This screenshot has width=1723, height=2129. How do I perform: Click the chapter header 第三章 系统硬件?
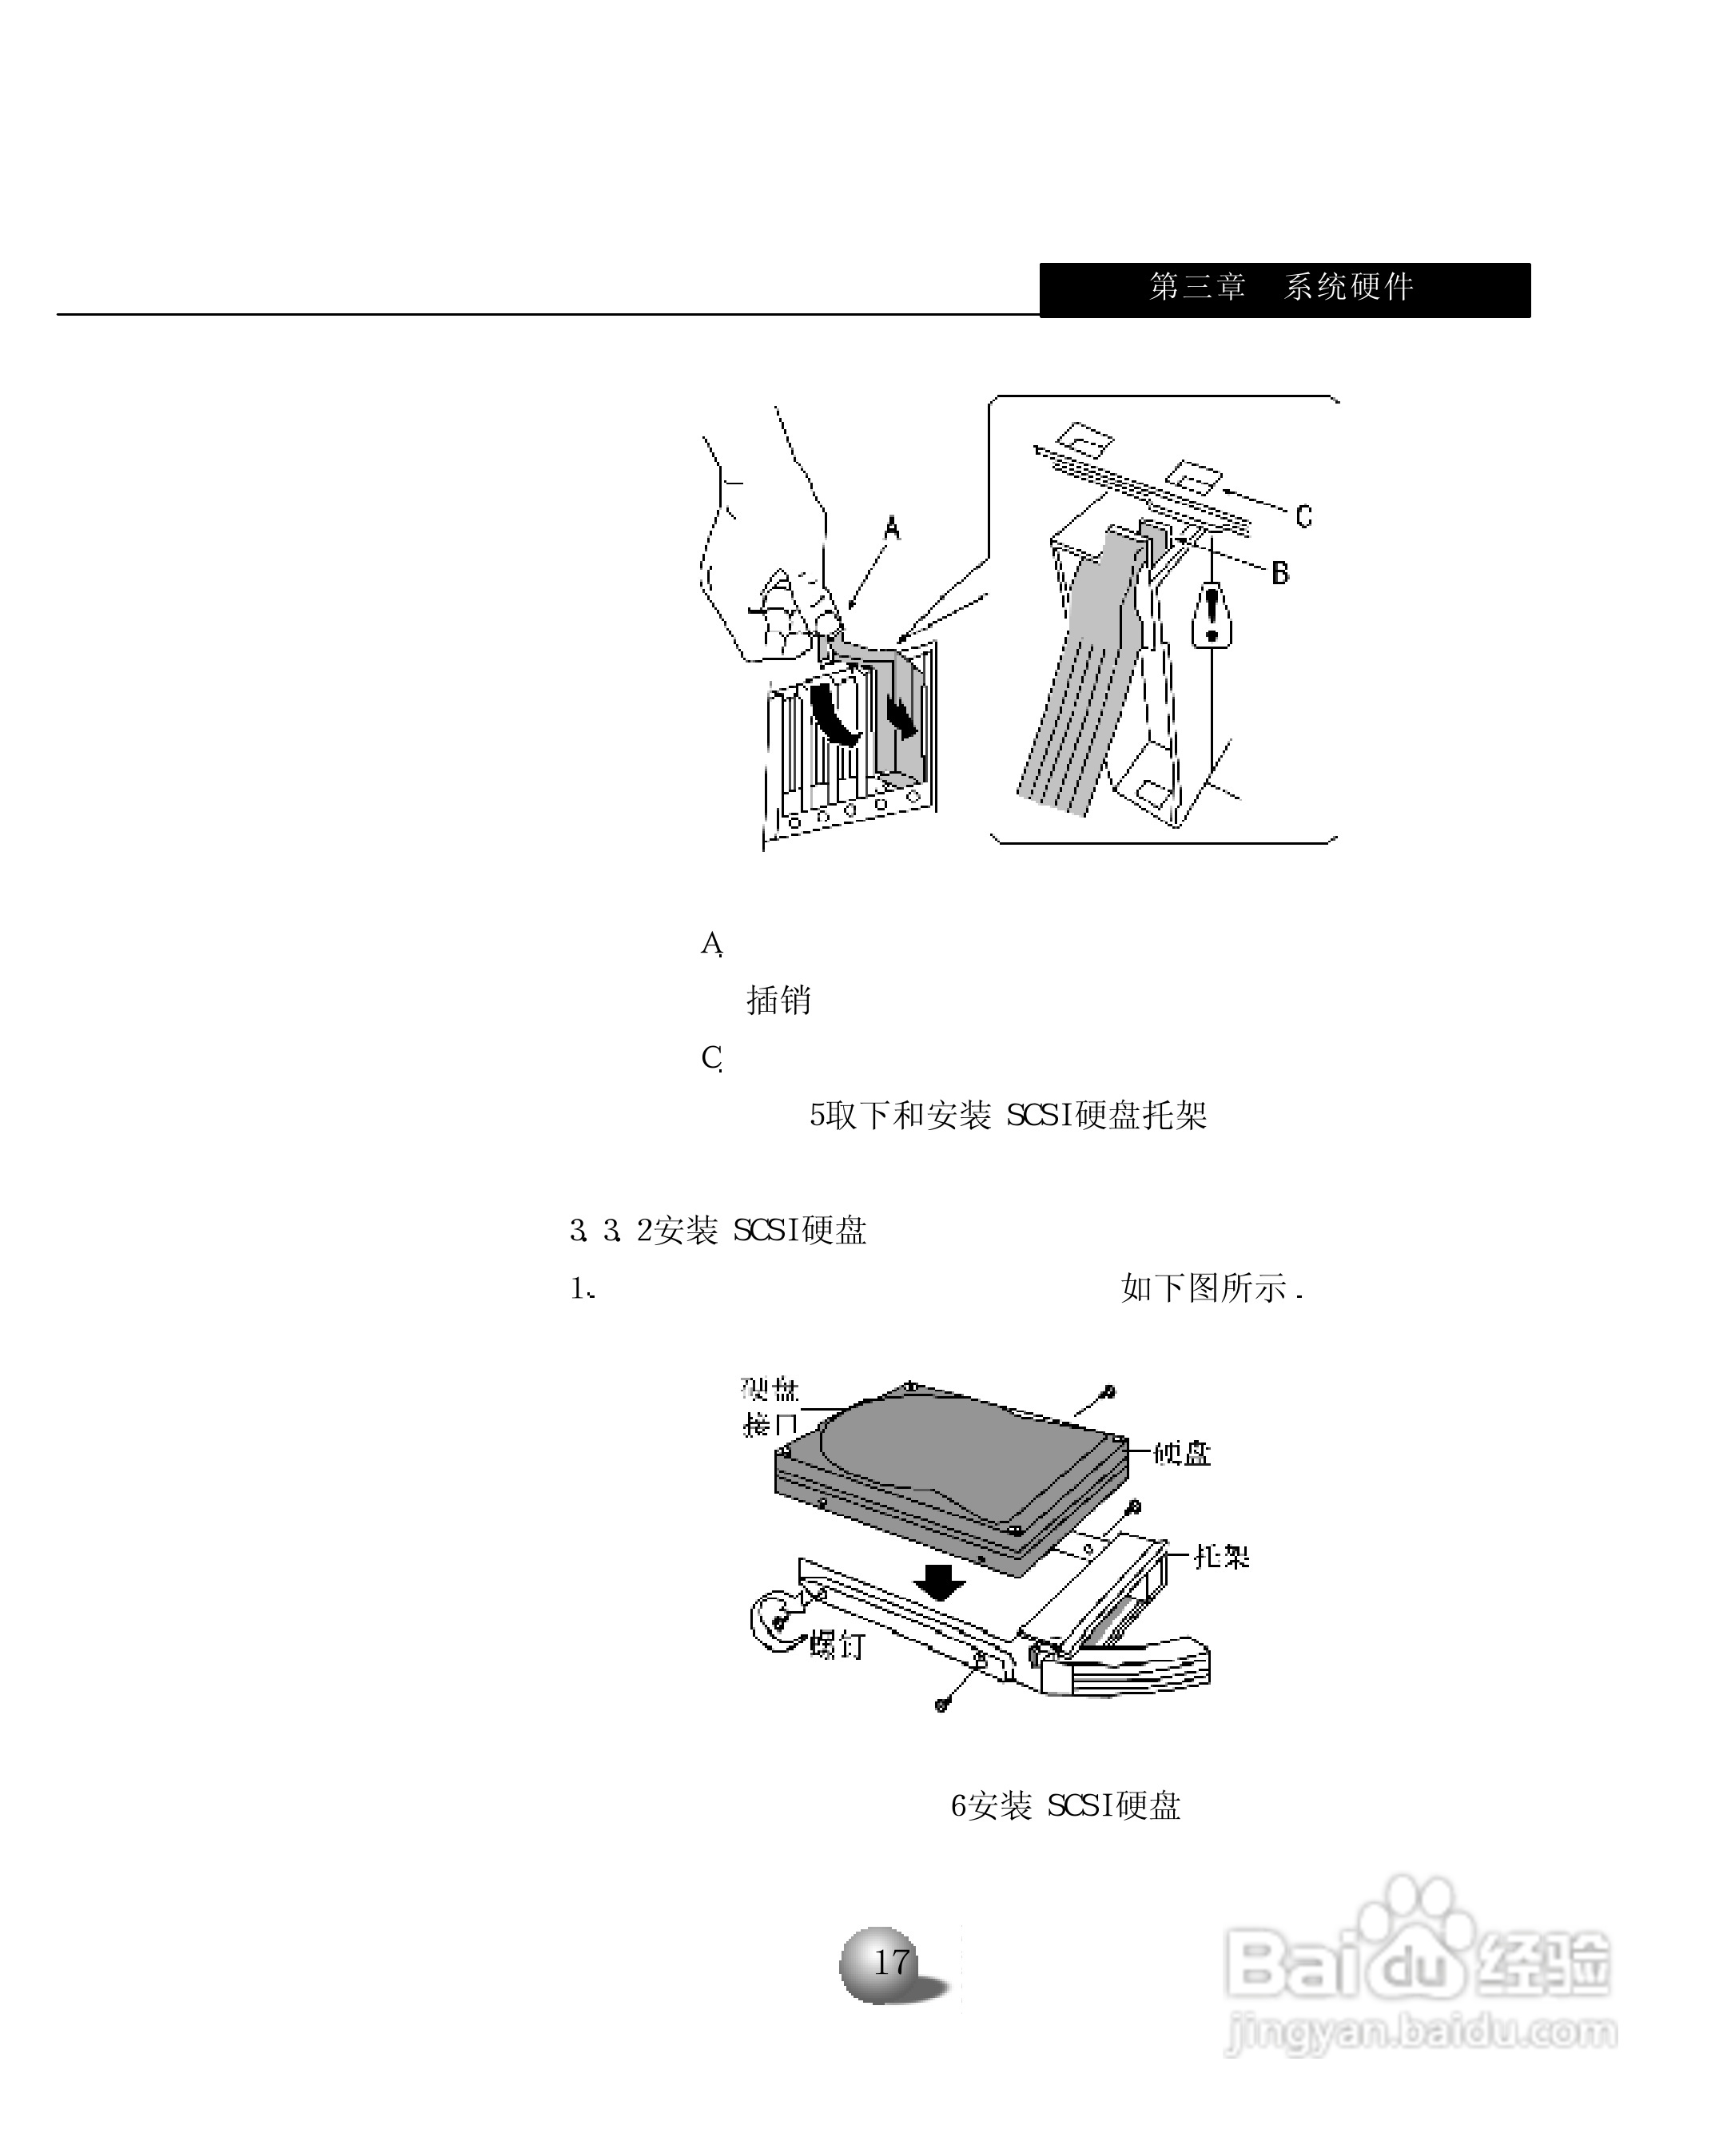coord(1281,287)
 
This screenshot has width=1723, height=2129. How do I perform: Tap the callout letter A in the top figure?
coord(891,529)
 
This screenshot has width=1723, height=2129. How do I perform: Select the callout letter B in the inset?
coord(1280,573)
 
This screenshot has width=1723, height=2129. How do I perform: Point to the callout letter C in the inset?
coord(1303,515)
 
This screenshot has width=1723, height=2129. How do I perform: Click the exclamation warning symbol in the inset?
coord(1211,615)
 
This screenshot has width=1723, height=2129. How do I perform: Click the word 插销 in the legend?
coord(778,1000)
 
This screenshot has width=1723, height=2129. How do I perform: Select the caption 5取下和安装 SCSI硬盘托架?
coord(1008,1116)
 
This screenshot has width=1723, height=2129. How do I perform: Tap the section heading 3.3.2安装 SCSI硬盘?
coord(718,1231)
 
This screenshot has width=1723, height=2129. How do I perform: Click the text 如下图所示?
coord(1211,1288)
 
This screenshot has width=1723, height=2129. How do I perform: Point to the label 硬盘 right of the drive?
coord(1182,1454)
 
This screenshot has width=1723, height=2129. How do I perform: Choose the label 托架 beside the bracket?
coord(1221,1556)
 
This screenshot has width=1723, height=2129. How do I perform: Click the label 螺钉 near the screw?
coord(837,1645)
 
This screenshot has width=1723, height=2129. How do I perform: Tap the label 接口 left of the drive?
coord(770,1425)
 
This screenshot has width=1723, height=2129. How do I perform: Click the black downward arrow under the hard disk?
coord(939,1580)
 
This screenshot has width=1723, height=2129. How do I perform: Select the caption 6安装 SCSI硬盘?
coord(1065,1805)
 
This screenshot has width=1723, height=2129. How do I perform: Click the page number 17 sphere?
coord(889,1961)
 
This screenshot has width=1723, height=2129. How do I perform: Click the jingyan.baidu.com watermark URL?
coord(1421,2032)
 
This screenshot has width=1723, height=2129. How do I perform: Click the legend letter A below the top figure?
coord(711,943)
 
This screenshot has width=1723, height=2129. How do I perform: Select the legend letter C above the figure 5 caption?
coord(711,1058)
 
